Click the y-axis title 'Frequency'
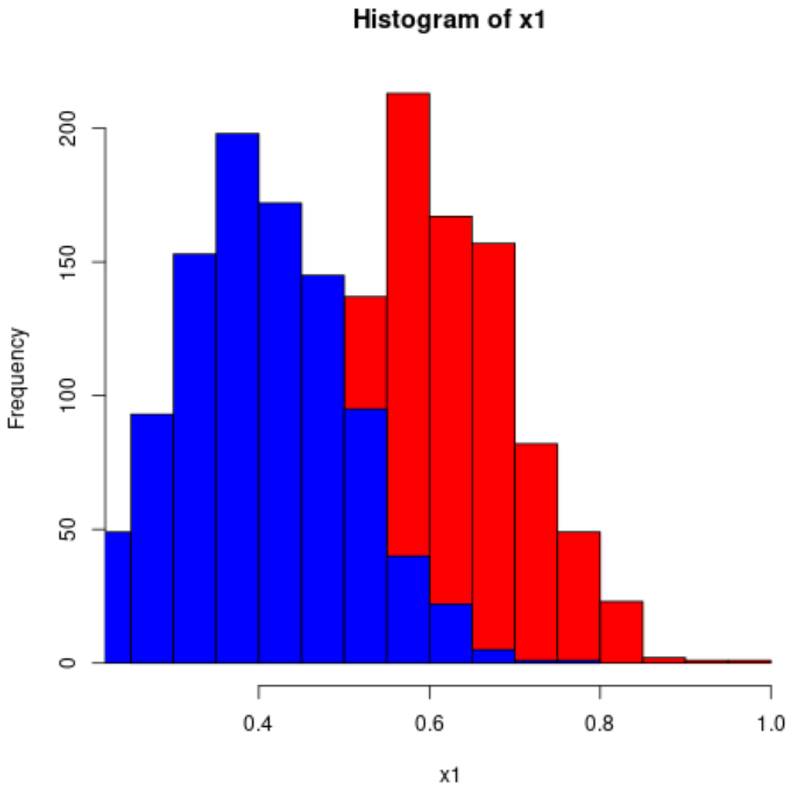click(18, 378)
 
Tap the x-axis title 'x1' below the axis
click(449, 775)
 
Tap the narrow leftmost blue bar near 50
click(118, 598)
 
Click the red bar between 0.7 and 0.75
click(536, 551)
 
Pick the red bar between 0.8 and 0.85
click(621, 633)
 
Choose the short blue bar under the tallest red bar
click(408, 610)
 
